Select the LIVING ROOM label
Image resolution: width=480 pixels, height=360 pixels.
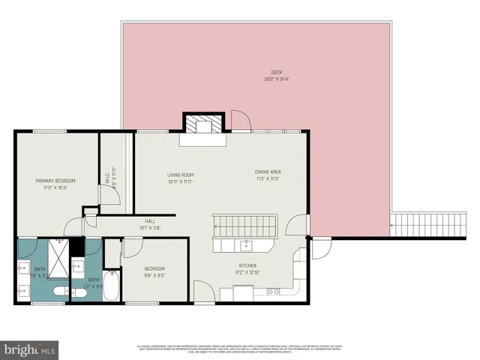tap(180, 174)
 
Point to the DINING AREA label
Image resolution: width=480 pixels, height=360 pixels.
tap(268, 172)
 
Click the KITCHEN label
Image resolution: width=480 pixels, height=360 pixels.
tap(248, 265)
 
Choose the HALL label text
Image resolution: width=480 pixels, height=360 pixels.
tap(150, 221)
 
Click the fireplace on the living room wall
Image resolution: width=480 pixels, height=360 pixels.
tap(204, 124)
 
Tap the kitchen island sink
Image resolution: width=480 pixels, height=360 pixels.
tap(245, 244)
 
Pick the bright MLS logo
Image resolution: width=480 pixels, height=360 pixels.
tap(30, 349)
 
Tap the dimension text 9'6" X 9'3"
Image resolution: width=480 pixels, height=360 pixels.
tap(154, 276)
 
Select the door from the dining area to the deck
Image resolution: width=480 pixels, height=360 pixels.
tap(239, 119)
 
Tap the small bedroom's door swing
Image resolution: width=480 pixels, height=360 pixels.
tap(133, 246)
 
